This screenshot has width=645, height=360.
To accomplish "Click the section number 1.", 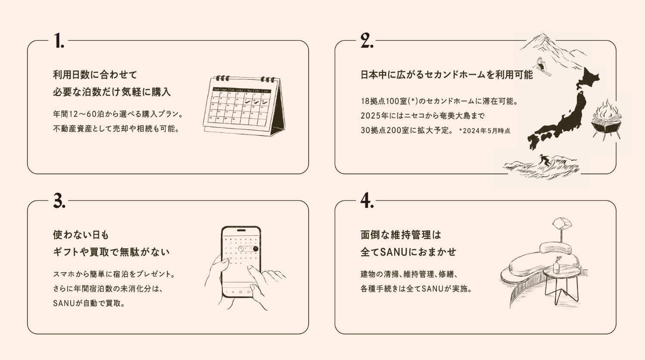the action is pyautogui.click(x=59, y=41).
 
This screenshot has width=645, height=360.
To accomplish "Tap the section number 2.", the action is pyautogui.click(x=367, y=41).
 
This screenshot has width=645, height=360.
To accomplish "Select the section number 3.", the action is pyautogui.click(x=59, y=200).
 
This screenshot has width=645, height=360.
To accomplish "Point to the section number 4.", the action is pyautogui.click(x=368, y=200).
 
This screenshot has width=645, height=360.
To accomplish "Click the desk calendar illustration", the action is pyautogui.click(x=244, y=106).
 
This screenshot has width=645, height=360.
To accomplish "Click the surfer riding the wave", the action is pyautogui.click(x=545, y=160).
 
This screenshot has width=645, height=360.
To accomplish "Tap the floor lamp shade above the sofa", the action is pyautogui.click(x=562, y=224).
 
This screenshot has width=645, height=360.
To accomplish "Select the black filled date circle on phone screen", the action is pyautogui.click(x=256, y=249).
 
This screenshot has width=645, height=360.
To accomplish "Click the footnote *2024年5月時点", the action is pyautogui.click(x=485, y=131).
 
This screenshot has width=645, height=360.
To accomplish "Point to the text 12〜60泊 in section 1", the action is pyautogui.click(x=84, y=114).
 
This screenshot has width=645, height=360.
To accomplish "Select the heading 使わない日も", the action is pyautogui.click(x=81, y=235).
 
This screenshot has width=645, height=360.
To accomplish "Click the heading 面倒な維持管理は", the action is pyautogui.click(x=401, y=235).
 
